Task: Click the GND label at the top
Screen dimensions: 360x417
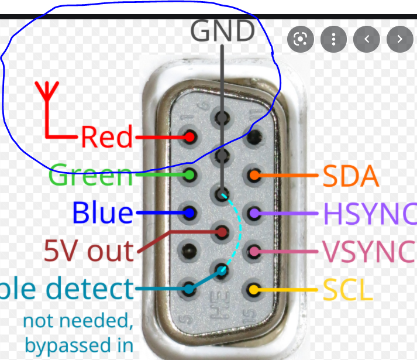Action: (222, 30)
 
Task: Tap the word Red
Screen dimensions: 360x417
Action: (107, 138)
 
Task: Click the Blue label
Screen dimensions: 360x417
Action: (102, 212)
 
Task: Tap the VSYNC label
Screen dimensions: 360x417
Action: (368, 252)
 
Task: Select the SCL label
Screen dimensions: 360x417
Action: (348, 289)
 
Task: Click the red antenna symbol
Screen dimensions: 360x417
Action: (46, 94)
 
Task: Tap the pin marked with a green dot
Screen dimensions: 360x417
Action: (189, 174)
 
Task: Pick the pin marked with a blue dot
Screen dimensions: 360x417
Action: (189, 212)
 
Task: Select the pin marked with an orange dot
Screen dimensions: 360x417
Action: (254, 174)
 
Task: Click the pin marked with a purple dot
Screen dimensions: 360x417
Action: (254, 213)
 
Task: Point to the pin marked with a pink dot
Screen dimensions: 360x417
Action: (254, 252)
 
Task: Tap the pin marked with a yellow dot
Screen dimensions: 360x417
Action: (254, 289)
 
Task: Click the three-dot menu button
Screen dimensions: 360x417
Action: (333, 39)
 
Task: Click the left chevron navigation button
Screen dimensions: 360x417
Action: (367, 39)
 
